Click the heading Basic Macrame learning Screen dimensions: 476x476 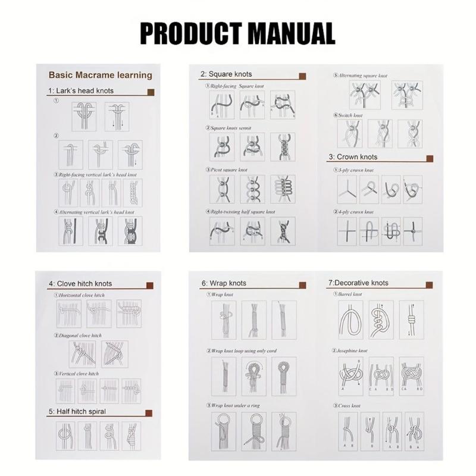pyautogui.click(x=100, y=76)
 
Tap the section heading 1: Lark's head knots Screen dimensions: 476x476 pyautogui.click(x=81, y=91)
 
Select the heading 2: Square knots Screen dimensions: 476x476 pyautogui.click(x=226, y=74)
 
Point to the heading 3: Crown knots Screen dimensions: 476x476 pyautogui.click(x=353, y=157)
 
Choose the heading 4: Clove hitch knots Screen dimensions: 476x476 pyautogui.click(x=80, y=283)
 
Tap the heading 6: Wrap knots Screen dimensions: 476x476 pyautogui.click(x=223, y=283)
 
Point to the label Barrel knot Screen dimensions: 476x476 pyautogui.click(x=347, y=295)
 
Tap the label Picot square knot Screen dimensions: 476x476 pyautogui.click(x=227, y=170)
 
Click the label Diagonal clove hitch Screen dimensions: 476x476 pyautogui.click(x=80, y=336)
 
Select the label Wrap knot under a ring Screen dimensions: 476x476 pyautogui.click(x=233, y=405)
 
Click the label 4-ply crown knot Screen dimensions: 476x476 pyautogui.click(x=355, y=212)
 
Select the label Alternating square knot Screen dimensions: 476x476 pyautogui.click(x=362, y=76)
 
